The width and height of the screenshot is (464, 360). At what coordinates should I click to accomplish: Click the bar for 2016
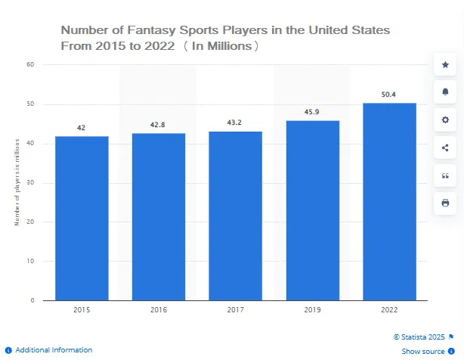[x=159, y=216]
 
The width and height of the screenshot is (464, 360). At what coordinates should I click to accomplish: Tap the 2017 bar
[x=236, y=216]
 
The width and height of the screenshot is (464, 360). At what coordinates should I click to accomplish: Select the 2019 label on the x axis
[x=313, y=310]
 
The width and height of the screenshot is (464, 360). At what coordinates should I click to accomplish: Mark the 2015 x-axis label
[x=81, y=310]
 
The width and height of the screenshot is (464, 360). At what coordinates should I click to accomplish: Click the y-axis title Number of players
[x=17, y=182]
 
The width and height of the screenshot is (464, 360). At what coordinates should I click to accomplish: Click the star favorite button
[x=445, y=65]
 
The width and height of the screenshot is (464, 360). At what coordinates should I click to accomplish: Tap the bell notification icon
[x=445, y=92]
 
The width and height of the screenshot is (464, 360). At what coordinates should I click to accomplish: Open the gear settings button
[x=445, y=120]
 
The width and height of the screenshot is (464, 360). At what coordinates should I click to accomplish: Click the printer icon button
[x=445, y=203]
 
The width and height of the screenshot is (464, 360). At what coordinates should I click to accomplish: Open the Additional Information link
[x=54, y=350]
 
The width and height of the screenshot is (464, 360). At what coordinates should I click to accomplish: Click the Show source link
[x=423, y=352]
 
